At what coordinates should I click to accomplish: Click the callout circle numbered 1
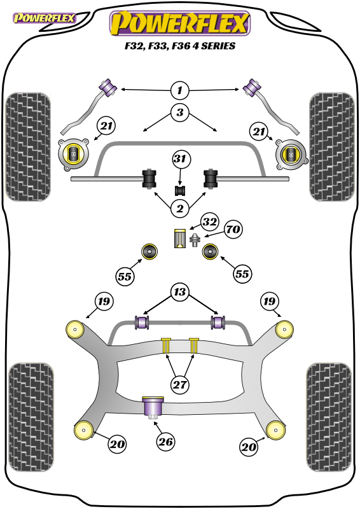(x=179, y=90)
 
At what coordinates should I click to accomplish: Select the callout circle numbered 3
(x=179, y=113)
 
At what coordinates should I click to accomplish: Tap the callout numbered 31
(x=181, y=159)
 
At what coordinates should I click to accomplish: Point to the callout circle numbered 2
(x=179, y=209)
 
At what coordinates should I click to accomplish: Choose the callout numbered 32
(x=210, y=222)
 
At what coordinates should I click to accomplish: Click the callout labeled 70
(x=233, y=230)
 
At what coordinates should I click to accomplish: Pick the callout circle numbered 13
(x=179, y=292)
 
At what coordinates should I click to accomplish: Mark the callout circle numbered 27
(x=179, y=385)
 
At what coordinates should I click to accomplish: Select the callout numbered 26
(x=165, y=442)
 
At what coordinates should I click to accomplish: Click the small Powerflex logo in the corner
(x=45, y=18)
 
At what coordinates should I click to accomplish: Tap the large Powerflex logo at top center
(x=180, y=24)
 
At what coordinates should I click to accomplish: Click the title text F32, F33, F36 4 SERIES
(x=180, y=46)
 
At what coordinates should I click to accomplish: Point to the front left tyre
(x=28, y=147)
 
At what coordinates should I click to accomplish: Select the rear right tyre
(x=329, y=417)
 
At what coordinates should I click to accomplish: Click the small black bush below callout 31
(x=180, y=190)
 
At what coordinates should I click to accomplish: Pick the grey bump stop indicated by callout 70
(x=195, y=241)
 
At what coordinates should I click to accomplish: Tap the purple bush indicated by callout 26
(x=153, y=407)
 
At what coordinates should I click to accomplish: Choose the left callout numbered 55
(x=125, y=277)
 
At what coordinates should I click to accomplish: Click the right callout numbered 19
(x=269, y=302)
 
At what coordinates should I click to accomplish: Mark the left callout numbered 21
(x=106, y=126)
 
